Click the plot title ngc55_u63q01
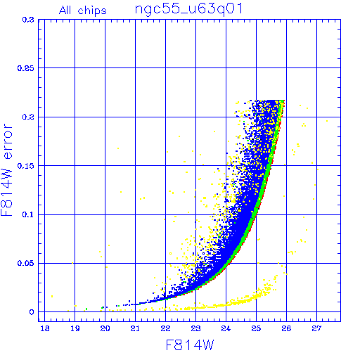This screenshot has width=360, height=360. coord(188,10)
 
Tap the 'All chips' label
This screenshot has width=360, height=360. coord(83,11)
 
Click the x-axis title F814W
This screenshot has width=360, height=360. coord(190,345)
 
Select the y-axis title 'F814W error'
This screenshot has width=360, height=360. coord(6,170)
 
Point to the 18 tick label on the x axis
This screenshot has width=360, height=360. coord(45,328)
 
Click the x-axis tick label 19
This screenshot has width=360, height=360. coord(75,328)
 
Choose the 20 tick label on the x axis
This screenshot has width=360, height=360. coord(105,328)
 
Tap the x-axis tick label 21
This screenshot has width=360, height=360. coord(135,328)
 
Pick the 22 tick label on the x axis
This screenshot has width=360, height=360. coord(165,328)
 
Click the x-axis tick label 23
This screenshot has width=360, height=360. coord(195,328)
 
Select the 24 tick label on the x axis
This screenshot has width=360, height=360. coord(226,328)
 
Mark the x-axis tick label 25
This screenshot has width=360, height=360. coord(256,328)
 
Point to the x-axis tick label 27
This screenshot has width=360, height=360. coord(316,328)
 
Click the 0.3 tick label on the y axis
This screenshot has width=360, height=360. coord(28,20)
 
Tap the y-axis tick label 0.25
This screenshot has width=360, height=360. coord(26,68)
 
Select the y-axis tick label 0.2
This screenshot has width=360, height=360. coord(28,117)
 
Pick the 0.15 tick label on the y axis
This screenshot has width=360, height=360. coord(26,166)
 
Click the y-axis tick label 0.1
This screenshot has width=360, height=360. coord(28,214)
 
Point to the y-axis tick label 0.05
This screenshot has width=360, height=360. coord(26,264)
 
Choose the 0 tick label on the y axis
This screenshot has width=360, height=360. coord(32,312)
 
